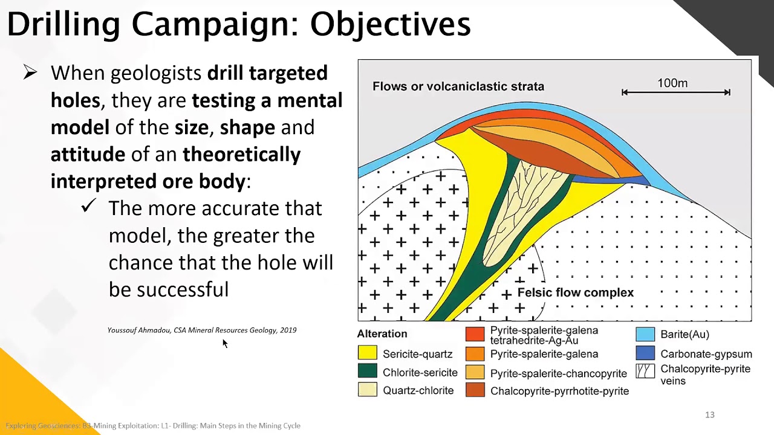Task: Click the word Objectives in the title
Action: tap(390, 25)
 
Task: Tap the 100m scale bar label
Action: tap(672, 83)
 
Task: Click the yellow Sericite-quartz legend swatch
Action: tap(368, 353)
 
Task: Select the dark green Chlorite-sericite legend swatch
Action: tap(368, 372)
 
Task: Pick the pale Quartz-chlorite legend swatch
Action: tap(368, 390)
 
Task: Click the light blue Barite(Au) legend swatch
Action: tap(645, 334)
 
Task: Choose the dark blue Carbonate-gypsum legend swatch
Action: tap(645, 353)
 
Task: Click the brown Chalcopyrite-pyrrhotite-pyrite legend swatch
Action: tap(475, 390)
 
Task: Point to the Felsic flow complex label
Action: tap(575, 293)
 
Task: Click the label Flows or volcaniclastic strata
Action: tap(458, 86)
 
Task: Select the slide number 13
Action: tap(709, 414)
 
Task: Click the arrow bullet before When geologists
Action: tap(30, 73)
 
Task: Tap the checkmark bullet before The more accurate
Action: tap(89, 207)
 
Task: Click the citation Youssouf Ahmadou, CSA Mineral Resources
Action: tap(202, 330)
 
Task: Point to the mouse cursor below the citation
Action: tap(224, 343)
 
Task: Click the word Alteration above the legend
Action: tap(382, 333)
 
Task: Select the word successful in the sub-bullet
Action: tap(182, 290)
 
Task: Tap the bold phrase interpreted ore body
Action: tap(148, 181)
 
